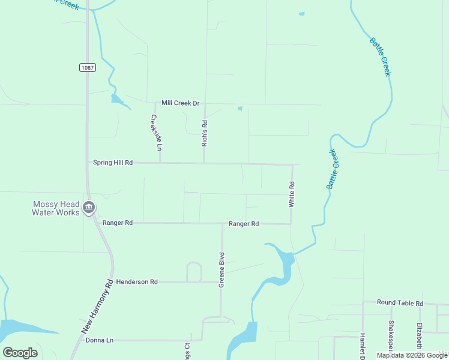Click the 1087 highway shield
click(87, 67)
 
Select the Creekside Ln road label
click(156, 133)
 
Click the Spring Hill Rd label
click(112, 163)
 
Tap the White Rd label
click(292, 194)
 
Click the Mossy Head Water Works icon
click(89, 208)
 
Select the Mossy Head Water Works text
click(55, 208)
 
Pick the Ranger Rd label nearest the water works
click(117, 223)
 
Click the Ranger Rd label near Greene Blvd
click(244, 224)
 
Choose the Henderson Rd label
click(137, 281)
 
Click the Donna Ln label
click(100, 340)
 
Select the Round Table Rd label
click(400, 304)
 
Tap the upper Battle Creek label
click(380, 57)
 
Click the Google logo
click(20, 353)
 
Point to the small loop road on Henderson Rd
click(194, 271)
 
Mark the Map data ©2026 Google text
click(412, 355)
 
